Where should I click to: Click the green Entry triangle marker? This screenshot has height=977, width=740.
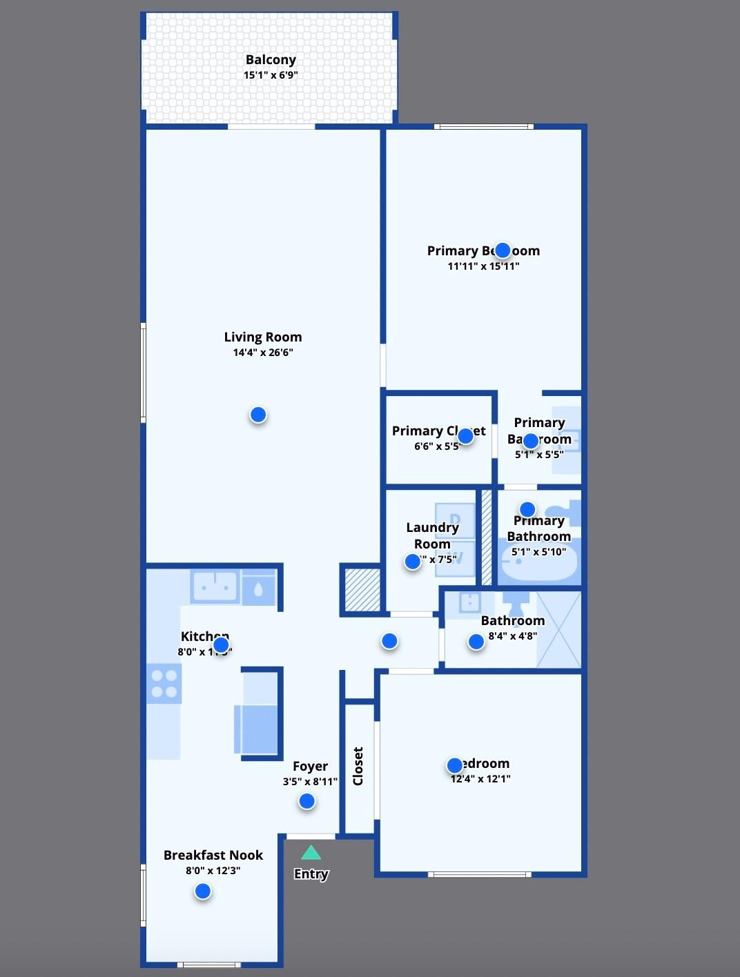click(311, 853)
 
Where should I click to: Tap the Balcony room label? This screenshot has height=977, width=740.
click(271, 60)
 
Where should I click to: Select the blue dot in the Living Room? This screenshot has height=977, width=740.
click(258, 415)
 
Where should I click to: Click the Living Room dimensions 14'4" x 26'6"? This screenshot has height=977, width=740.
click(263, 353)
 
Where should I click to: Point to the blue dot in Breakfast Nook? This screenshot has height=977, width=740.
click(203, 891)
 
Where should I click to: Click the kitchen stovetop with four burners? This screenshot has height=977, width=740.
click(164, 683)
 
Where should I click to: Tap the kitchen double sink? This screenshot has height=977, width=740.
click(215, 588)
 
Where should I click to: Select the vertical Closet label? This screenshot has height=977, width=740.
click(358, 766)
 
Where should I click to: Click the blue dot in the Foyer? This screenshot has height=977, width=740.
click(307, 801)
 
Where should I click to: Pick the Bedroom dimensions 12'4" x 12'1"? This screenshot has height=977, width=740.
click(480, 779)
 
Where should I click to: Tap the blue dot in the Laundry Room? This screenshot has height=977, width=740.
click(413, 562)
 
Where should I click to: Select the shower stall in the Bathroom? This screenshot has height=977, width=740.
click(558, 629)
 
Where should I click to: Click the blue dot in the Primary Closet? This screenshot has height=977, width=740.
click(466, 436)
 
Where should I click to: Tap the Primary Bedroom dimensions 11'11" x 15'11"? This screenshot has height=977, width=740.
click(483, 266)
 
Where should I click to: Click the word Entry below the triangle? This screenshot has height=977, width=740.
click(311, 874)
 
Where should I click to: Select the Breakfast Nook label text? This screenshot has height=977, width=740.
click(213, 856)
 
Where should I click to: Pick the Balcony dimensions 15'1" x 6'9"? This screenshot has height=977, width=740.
click(271, 75)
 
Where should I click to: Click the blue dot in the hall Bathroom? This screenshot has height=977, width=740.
click(476, 642)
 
